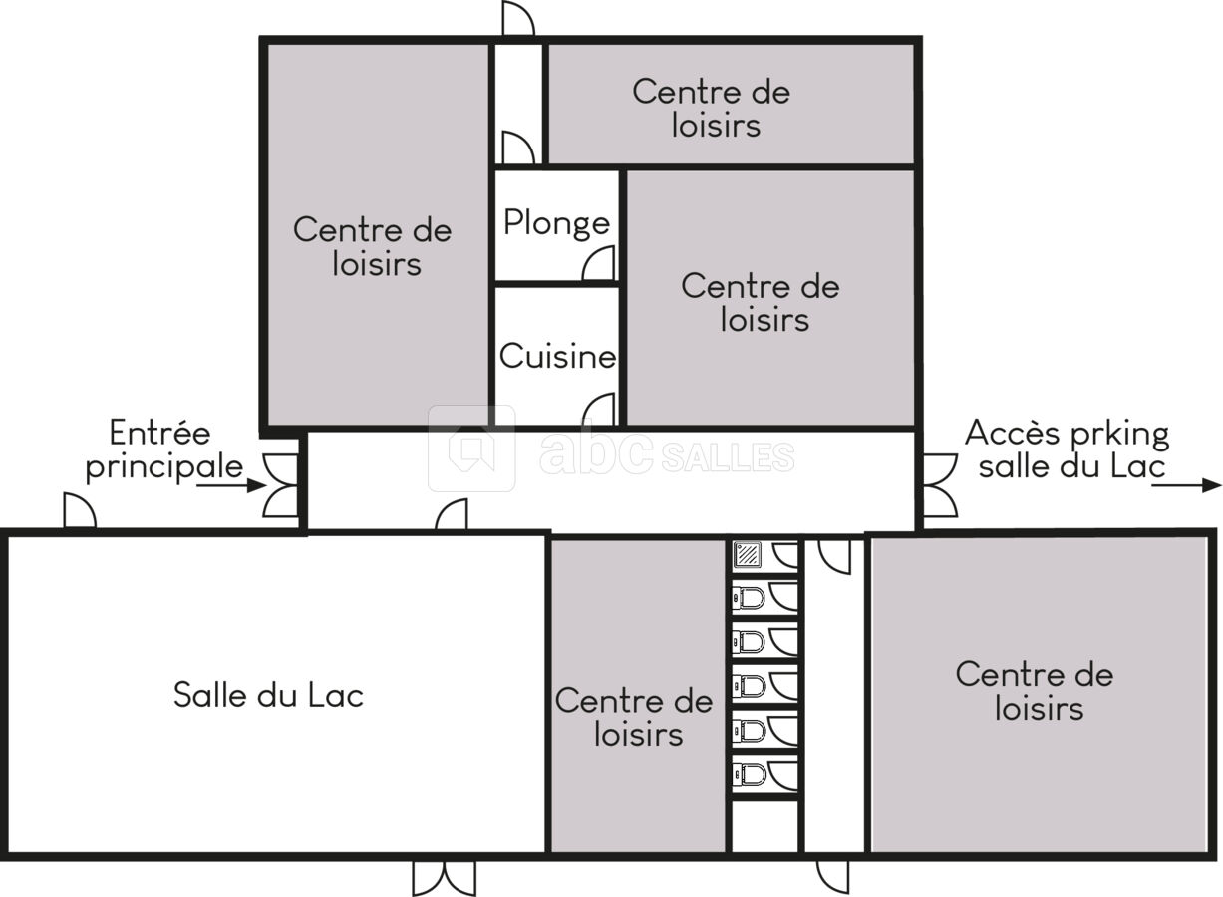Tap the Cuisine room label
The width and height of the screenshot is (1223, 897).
coord(557,356)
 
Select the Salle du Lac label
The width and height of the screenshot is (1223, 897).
coord(269,695)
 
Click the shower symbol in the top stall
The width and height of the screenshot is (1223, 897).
coord(748,555)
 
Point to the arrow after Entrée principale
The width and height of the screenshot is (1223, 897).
coord(231,484)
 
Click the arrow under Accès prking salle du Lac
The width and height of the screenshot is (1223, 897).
coord(1186,484)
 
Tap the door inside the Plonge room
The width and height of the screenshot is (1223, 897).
coord(598,264)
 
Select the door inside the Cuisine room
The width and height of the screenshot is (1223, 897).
coord(599,410)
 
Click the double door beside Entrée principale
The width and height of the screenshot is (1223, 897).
coord(281,485)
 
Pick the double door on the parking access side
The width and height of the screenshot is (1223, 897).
coord(940,485)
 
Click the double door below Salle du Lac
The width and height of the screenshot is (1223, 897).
coord(444,877)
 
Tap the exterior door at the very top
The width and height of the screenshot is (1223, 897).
coord(518,19)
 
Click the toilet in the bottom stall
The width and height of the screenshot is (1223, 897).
coord(748,774)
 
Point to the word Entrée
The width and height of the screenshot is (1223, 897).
coord(159,433)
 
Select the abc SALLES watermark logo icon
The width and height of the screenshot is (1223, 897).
coord(471,448)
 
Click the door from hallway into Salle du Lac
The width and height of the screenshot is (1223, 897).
coord(452,515)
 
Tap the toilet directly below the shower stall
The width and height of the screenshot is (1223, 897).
coord(748,597)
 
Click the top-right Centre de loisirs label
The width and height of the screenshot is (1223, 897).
coord(712,108)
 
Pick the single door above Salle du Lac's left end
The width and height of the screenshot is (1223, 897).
coord(80,510)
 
